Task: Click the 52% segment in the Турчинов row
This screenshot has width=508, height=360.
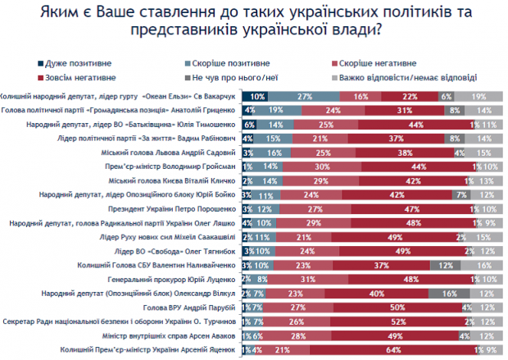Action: point(401,321)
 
